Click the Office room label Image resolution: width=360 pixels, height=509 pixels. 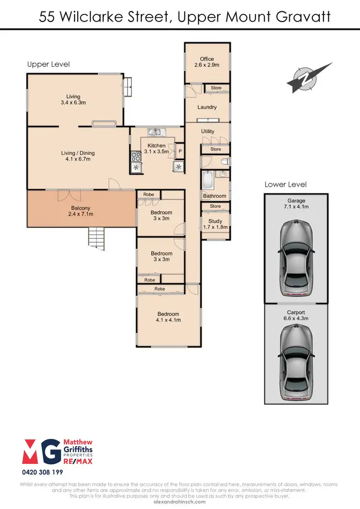pos(207,62)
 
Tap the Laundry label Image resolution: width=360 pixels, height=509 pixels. pos(207,108)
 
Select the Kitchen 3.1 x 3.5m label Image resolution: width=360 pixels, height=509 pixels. pos(156,148)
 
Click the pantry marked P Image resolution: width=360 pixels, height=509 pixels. pos(180,151)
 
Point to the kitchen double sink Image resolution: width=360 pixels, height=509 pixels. pos(156,132)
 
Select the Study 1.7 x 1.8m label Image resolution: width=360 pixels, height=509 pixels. pos(215,225)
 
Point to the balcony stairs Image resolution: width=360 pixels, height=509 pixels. pos(96,237)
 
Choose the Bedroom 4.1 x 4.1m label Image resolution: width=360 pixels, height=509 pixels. pos(168,317)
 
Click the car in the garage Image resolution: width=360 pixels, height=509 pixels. pos(296,257)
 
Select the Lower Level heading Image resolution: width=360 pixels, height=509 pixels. pos(286,184)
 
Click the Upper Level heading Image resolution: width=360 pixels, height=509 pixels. pos(48,64)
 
